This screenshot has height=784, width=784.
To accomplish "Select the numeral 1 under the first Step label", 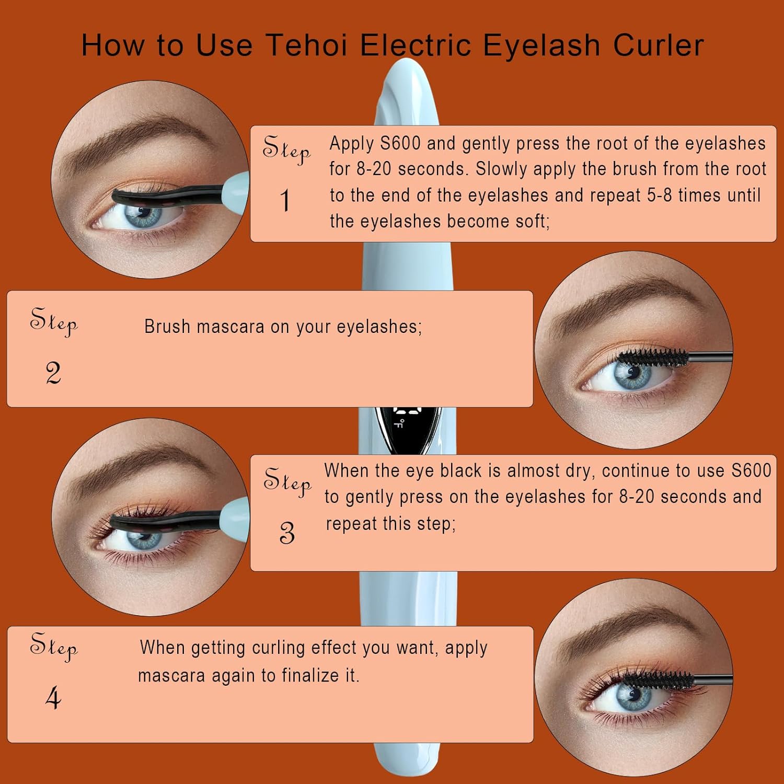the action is click(x=285, y=201).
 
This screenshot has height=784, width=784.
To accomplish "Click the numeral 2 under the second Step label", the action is click(x=53, y=373).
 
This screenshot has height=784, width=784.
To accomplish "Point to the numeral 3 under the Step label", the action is click(x=287, y=533).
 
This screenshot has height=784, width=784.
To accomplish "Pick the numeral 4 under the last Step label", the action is click(x=53, y=698).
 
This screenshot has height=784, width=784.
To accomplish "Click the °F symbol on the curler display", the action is click(x=399, y=422).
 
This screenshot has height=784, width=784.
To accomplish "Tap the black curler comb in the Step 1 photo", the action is click(x=167, y=197).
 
